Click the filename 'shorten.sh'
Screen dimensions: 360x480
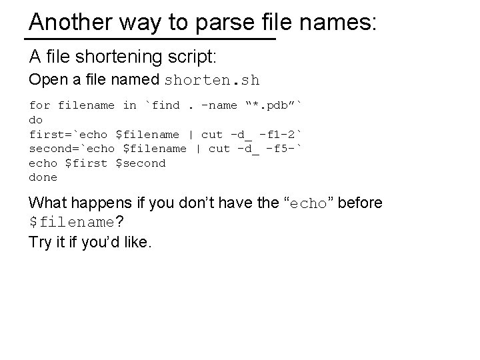pos(211,81)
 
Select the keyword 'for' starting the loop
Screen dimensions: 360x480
pos(39,105)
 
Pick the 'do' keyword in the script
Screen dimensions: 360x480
pos(36,120)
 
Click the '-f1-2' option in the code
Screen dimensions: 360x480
pos(280,134)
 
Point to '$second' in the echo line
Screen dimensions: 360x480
pos(141,163)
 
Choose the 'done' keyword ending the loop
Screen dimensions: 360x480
pos(43,177)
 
